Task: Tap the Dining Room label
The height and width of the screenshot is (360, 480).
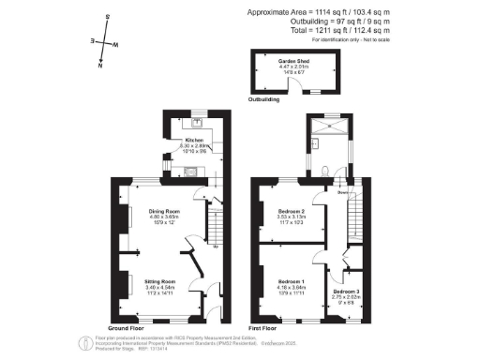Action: point(163,212)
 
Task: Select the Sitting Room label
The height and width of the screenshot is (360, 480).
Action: point(160,280)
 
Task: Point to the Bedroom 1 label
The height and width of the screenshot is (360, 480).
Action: point(292,280)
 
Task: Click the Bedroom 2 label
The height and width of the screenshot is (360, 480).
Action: point(292,212)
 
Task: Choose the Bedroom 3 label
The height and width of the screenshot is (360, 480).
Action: point(345,292)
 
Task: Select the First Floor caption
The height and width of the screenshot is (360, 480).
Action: point(269,329)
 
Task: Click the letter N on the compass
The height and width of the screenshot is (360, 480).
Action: point(99,67)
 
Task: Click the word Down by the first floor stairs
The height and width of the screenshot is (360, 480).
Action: point(343,193)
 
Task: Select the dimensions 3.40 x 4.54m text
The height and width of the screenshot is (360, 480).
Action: point(160,287)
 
